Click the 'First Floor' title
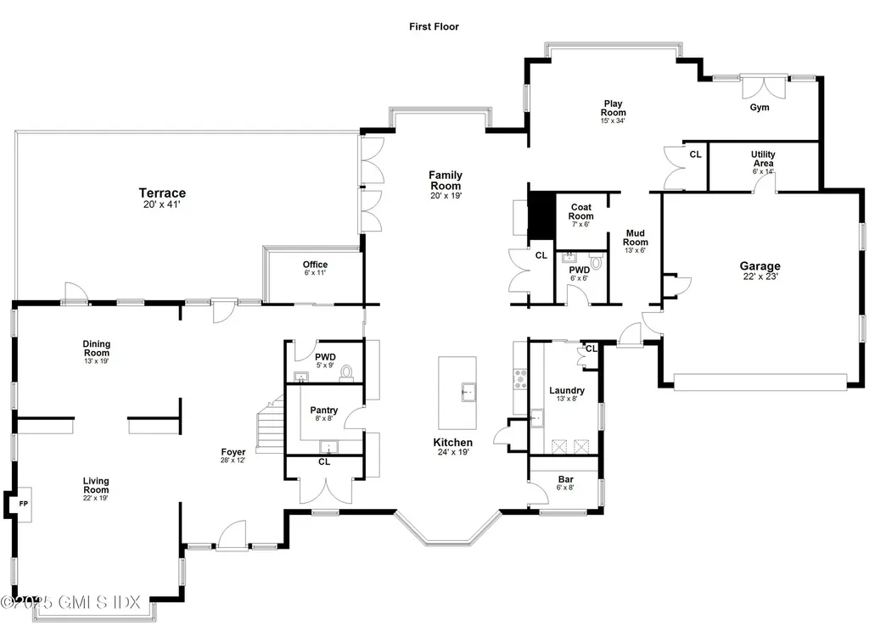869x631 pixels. [434, 26]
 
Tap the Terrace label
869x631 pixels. [162, 193]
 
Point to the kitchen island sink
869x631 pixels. [466, 392]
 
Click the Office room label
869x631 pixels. [315, 265]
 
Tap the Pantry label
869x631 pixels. [323, 410]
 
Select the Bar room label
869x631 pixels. [565, 479]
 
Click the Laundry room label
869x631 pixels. [566, 390]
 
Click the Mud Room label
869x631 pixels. [636, 237]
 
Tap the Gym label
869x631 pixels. [759, 108]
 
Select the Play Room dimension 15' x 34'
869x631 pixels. [613, 121]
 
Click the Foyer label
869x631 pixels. [233, 452]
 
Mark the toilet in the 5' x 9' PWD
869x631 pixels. [346, 372]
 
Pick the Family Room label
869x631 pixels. [445, 181]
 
